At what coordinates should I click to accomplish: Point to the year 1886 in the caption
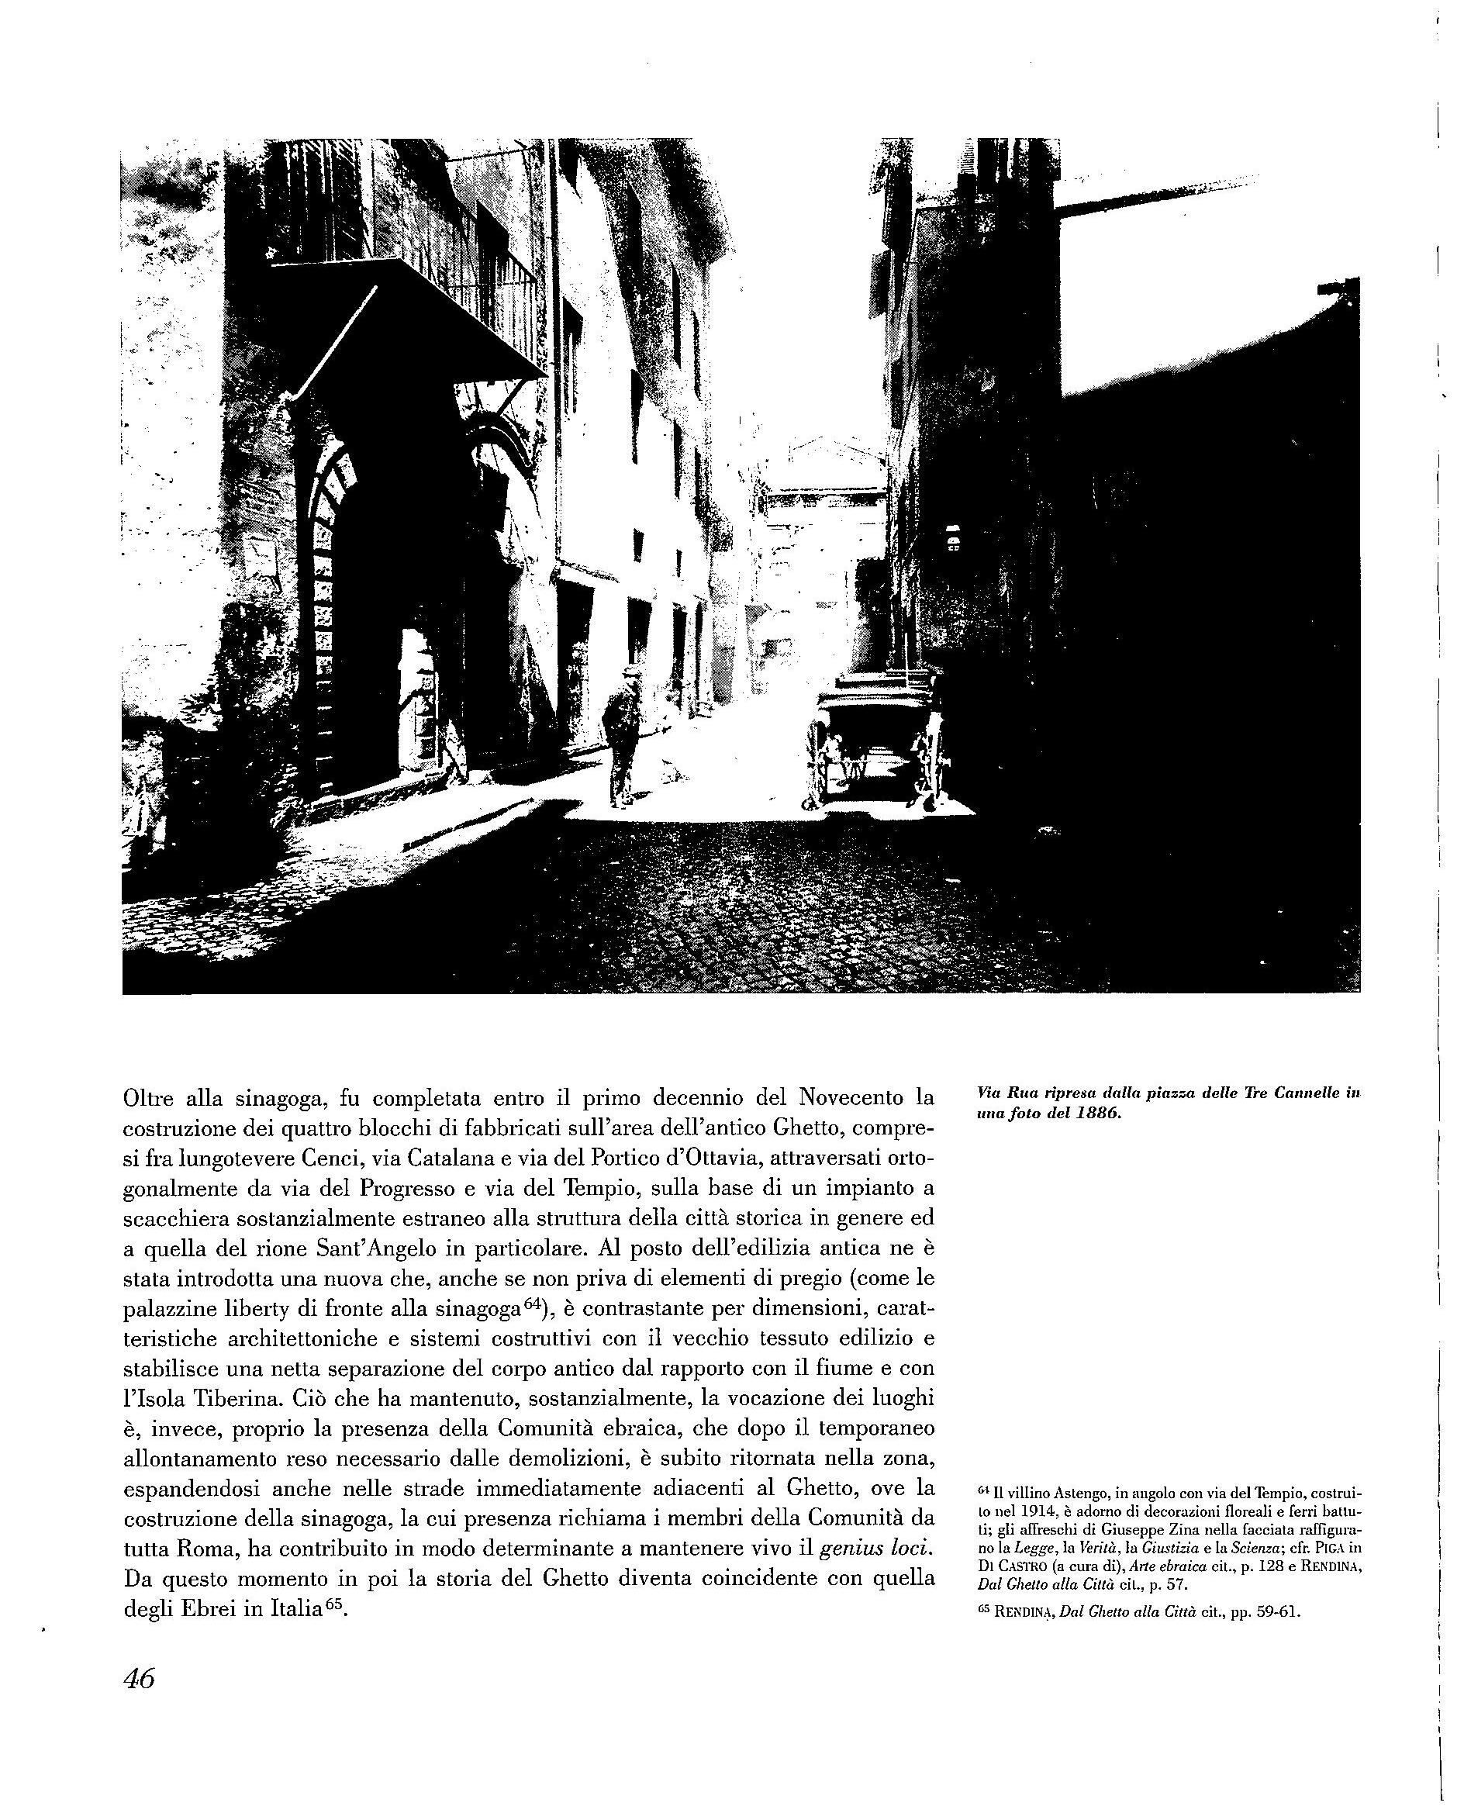point(1096,1112)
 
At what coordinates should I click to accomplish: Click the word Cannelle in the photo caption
point(1310,1093)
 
